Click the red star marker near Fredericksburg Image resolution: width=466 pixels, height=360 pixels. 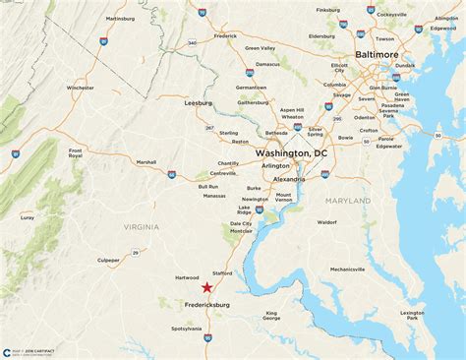tap(207, 287)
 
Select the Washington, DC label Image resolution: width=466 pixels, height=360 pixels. tap(291, 154)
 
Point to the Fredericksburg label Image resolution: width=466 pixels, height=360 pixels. tap(221, 305)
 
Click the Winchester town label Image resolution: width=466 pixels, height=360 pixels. tap(81, 88)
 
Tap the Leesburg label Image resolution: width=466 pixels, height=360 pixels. tap(199, 102)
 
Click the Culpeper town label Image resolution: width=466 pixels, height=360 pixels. tap(109, 261)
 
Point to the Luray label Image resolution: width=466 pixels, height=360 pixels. tap(27, 217)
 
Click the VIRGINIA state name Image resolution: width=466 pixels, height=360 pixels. tap(142, 226)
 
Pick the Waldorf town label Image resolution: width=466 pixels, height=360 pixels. tap(327, 222)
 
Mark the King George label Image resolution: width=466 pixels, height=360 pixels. tap(271, 316)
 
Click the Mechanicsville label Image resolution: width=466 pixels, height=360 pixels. tap(355, 269)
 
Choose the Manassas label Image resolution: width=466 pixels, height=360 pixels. tap(214, 196)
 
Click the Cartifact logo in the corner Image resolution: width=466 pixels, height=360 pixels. tap(9, 351)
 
